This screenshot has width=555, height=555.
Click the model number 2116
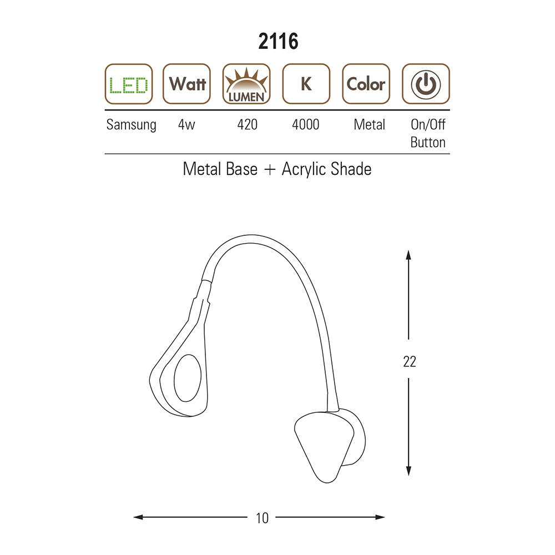coord(278,42)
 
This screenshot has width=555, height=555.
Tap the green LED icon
coord(129,84)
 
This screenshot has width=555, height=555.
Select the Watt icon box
coord(186,84)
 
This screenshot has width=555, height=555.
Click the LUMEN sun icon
coord(246,84)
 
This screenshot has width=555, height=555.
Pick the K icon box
coord(306,84)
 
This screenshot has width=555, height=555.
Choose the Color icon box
coord(366,84)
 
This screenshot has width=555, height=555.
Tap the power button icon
coord(426,84)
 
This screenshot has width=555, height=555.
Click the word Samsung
coord(132,125)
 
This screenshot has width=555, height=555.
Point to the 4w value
coord(186,124)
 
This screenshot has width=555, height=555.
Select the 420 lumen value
coord(248,124)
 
